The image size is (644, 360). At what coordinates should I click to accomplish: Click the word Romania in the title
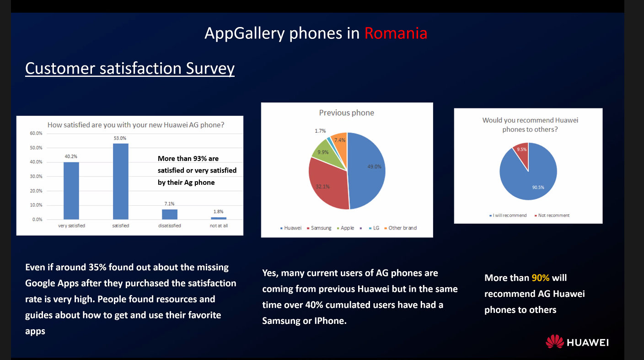[x=396, y=33]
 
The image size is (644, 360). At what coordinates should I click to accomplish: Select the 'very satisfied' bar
[x=71, y=191]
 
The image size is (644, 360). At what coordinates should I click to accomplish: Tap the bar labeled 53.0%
[x=121, y=182]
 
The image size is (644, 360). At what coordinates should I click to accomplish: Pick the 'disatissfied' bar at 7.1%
[x=170, y=214]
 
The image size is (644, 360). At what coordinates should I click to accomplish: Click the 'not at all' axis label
[x=219, y=226]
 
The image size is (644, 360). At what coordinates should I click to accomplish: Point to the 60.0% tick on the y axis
[x=36, y=134]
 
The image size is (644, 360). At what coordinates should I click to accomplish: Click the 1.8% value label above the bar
[x=219, y=212]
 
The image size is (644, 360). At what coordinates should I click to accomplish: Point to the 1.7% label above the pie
[x=320, y=131]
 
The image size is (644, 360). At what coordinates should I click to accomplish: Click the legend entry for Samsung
[x=319, y=228]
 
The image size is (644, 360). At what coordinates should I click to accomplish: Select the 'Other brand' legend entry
[x=401, y=228]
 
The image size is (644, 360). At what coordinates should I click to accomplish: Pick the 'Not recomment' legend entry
[x=552, y=215]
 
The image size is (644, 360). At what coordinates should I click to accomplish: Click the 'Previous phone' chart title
[x=346, y=113]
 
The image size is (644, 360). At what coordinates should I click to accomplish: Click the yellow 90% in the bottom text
[x=541, y=278]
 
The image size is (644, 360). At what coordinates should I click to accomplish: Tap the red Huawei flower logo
[x=555, y=341]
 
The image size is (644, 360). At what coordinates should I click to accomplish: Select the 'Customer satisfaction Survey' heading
[x=130, y=69]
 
